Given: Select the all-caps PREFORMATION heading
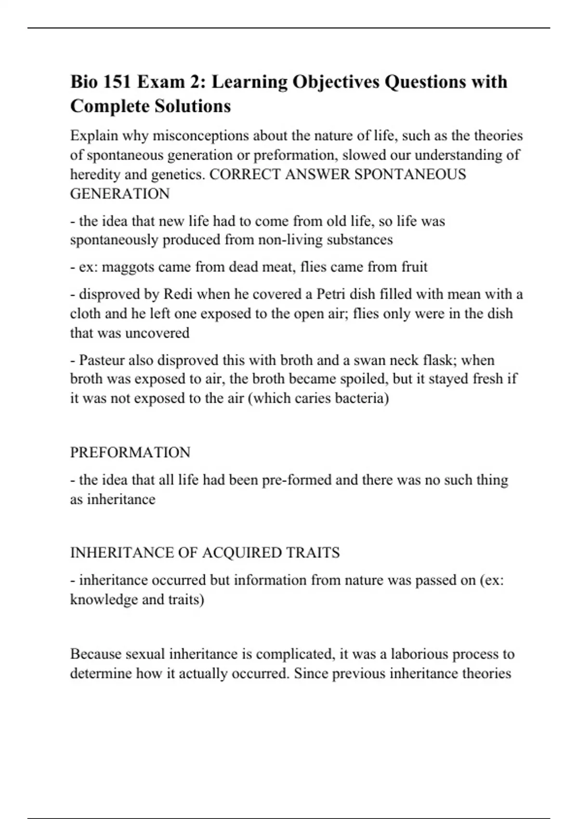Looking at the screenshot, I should click(130, 452).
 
